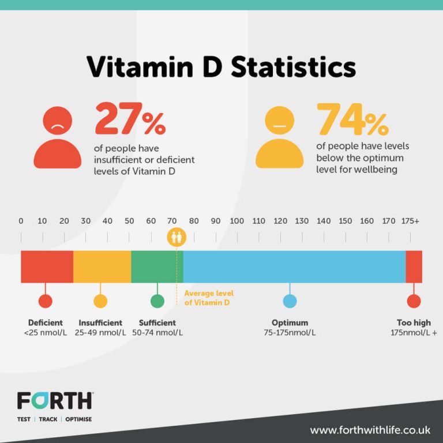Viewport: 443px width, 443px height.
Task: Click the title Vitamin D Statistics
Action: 221,67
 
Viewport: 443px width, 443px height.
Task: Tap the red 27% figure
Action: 130,119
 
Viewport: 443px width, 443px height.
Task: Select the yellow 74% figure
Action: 352,119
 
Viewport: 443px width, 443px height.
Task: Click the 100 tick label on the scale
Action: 237,221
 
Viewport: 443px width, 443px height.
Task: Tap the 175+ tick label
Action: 410,221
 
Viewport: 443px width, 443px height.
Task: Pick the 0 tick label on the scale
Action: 21,221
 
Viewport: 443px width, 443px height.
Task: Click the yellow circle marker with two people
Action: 177,236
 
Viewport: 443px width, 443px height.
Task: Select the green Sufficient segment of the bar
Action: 157,266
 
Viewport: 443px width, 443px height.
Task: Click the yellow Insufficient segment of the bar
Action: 102,266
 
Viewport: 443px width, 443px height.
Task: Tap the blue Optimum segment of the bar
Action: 294,266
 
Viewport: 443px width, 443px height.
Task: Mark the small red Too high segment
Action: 414,266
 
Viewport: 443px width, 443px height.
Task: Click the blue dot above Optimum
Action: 290,301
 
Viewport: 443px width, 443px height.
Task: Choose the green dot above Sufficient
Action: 157,301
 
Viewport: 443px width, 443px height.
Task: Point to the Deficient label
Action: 46,323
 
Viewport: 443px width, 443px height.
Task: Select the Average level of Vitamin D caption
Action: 208,298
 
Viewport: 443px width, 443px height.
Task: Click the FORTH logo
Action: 55,400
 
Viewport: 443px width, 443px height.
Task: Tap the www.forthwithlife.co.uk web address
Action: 370,430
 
